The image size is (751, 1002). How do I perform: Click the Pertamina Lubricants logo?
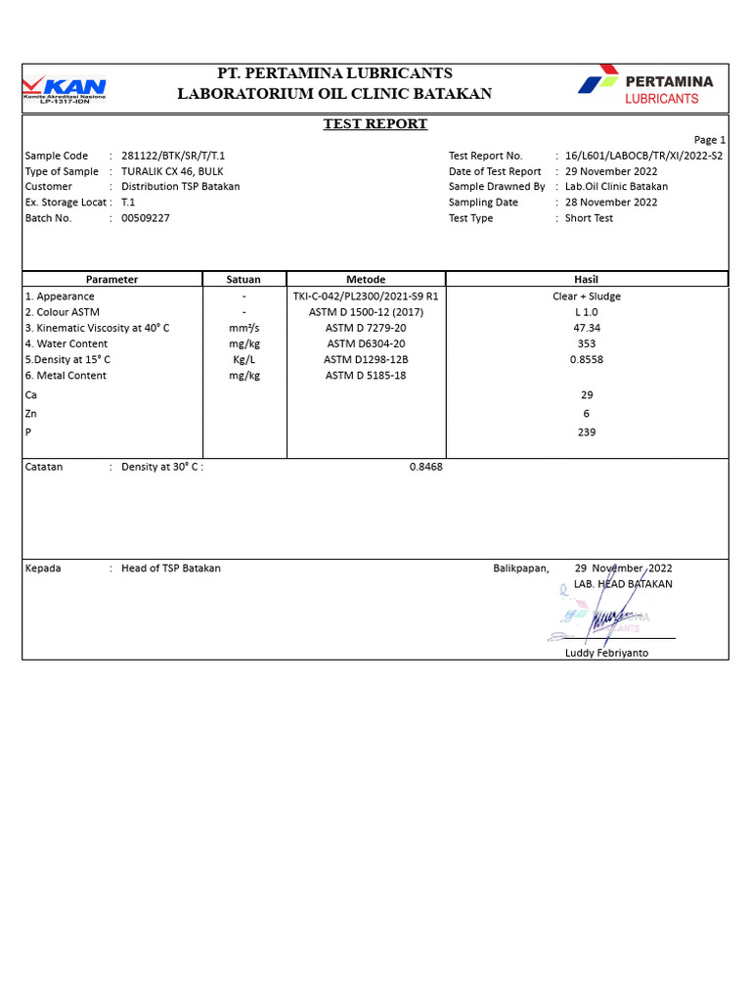coord(645,85)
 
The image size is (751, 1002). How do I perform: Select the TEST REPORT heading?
coord(375,124)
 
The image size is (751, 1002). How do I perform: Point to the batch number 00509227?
coord(146,218)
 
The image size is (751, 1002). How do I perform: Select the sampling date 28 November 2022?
coord(611,203)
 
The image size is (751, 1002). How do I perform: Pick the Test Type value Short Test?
coord(589,218)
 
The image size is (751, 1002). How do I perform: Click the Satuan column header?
coord(243,280)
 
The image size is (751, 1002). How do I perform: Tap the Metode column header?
coord(366,280)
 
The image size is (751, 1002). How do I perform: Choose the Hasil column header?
coord(586,280)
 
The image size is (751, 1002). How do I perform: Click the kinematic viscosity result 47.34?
coord(587,328)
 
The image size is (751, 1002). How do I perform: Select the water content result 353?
coord(587,343)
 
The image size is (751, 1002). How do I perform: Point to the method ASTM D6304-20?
coord(366,343)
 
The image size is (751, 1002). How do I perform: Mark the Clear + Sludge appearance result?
coord(587,296)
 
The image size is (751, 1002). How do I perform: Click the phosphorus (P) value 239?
coord(587,433)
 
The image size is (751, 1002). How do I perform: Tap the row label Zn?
coord(31,414)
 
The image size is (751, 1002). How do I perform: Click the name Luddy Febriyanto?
coord(606,653)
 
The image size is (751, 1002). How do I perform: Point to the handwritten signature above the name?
coord(611,619)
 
